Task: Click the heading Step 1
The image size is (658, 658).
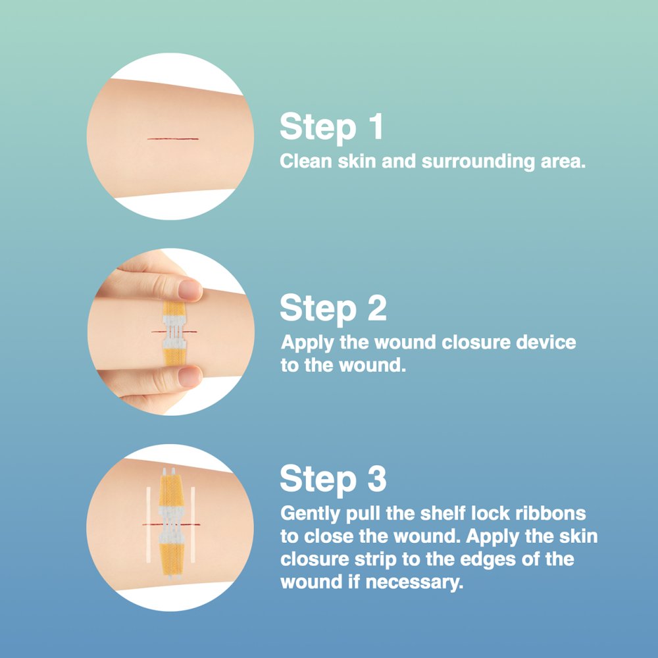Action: (x=332, y=127)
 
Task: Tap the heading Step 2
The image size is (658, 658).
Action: (x=333, y=309)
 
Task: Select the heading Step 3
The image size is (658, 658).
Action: (x=333, y=479)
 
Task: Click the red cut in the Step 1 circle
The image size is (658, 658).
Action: (x=173, y=138)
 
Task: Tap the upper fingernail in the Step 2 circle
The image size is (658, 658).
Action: (x=190, y=290)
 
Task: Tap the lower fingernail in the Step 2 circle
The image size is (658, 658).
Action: (x=190, y=376)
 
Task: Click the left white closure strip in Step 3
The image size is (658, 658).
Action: (x=148, y=524)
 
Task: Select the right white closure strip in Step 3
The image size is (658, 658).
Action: (x=193, y=524)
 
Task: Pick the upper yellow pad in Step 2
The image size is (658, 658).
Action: (x=174, y=309)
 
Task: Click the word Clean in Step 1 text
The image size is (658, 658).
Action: (x=306, y=161)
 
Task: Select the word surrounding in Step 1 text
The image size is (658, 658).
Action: (x=478, y=162)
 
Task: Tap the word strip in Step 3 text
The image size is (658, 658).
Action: (x=376, y=560)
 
